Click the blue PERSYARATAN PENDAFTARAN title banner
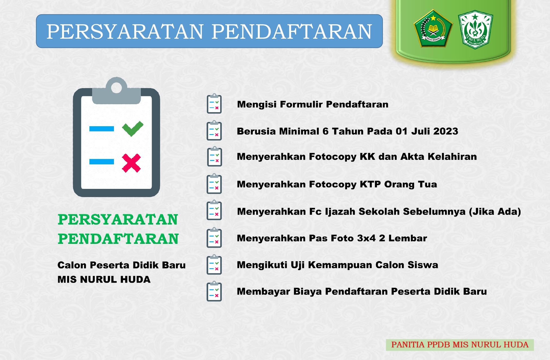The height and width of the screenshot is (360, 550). (x=209, y=31)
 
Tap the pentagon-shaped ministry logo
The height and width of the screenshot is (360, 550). (x=433, y=28)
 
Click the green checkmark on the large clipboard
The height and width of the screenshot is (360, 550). (x=133, y=128)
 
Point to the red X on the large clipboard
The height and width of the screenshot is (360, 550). (x=131, y=163)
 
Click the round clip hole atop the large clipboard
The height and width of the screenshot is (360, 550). (x=116, y=88)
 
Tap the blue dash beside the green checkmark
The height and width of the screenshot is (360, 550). (x=102, y=129)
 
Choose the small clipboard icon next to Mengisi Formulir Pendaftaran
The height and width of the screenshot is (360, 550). (x=214, y=104)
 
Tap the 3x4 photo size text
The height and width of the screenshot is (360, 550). (x=366, y=238)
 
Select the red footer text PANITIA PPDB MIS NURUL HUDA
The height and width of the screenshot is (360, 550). (x=460, y=345)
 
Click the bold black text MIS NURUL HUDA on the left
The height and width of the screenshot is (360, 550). (x=104, y=279)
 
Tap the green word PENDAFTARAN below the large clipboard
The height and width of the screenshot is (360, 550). (x=118, y=239)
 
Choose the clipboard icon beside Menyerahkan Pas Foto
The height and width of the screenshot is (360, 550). (x=214, y=238)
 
